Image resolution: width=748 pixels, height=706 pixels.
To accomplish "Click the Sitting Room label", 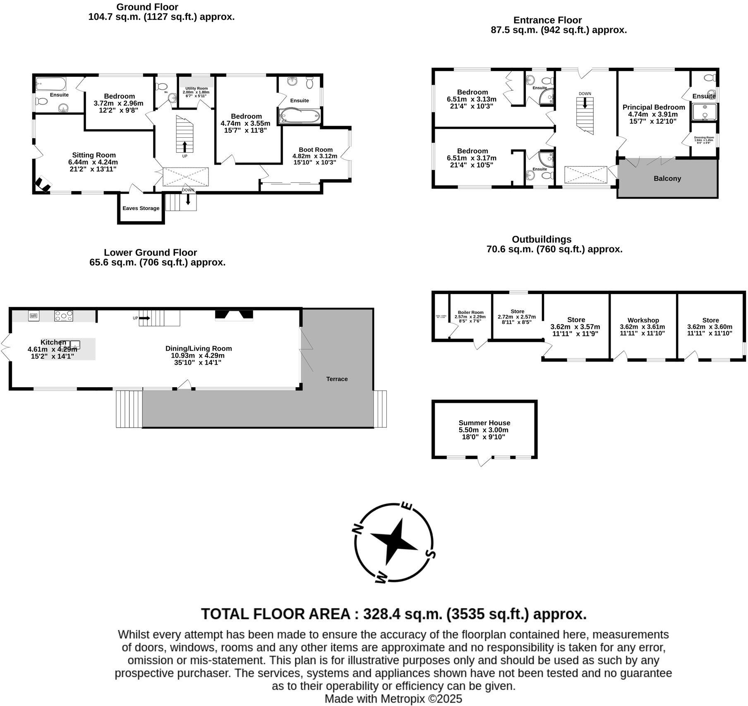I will pyautogui.click(x=94, y=155).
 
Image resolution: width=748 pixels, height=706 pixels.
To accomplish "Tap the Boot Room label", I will pyautogui.click(x=316, y=150).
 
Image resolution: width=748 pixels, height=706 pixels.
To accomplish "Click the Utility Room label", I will pyautogui.click(x=197, y=89).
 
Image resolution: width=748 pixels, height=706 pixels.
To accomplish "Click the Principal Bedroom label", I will pyautogui.click(x=654, y=107).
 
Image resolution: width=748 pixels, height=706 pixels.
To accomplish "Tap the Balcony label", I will pyautogui.click(x=667, y=179).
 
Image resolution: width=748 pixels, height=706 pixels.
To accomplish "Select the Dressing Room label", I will pyautogui.click(x=704, y=137).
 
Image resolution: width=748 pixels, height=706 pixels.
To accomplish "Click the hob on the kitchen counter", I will pyautogui.click(x=64, y=316).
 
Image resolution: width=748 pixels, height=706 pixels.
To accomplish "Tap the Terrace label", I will pyautogui.click(x=337, y=379).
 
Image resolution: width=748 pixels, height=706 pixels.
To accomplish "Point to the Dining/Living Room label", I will pyautogui.click(x=199, y=348).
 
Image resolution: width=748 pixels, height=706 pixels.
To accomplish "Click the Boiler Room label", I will pyautogui.click(x=470, y=313).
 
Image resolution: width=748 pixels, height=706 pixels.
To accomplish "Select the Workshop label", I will pyautogui.click(x=643, y=320).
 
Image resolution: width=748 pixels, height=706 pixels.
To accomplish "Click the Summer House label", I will pyautogui.click(x=484, y=423).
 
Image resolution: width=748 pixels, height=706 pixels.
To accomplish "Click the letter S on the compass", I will pyautogui.click(x=430, y=554).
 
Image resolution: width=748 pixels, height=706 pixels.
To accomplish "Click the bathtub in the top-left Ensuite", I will pyautogui.click(x=51, y=84).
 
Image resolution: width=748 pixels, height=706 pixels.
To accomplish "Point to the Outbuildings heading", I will pyautogui.click(x=542, y=239).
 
